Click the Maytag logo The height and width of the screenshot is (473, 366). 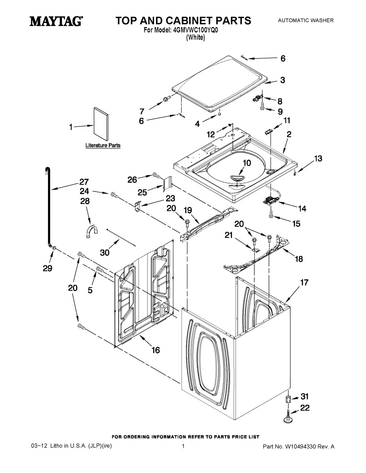[x=56, y=21]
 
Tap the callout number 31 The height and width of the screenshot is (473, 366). [x=305, y=396]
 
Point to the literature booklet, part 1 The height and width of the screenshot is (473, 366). [x=101, y=125]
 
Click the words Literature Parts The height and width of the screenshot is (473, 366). [x=103, y=145]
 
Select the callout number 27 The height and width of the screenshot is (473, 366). [x=84, y=182]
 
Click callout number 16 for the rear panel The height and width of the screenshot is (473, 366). [x=156, y=350]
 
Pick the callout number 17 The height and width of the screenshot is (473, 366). [x=304, y=282]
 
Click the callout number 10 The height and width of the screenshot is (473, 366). [x=247, y=163]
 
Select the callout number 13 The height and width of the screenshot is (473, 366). [x=318, y=158]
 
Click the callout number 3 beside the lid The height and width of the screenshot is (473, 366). [x=283, y=80]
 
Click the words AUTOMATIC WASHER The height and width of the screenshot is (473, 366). [x=306, y=20]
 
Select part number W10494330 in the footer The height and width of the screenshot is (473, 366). [x=293, y=447]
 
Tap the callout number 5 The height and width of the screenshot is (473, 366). [x=90, y=290]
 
